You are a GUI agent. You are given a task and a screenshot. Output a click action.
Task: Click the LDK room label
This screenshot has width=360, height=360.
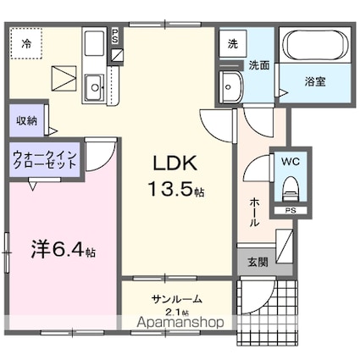(175, 163)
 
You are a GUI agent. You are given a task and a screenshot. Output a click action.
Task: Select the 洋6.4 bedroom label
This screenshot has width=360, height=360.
(64, 251)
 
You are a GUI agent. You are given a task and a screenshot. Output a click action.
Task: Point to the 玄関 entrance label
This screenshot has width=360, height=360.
(257, 263)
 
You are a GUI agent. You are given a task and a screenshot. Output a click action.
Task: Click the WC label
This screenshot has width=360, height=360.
(290, 159)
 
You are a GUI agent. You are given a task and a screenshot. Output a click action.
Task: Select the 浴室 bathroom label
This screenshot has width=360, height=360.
(316, 82)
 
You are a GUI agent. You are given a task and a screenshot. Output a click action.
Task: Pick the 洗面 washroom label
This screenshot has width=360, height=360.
(259, 66)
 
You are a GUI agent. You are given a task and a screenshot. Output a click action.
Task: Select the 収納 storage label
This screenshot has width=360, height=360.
(26, 120)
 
